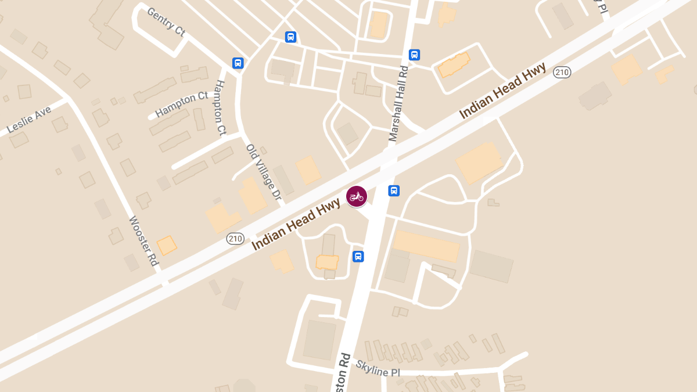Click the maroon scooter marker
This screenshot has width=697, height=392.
pos(356,196)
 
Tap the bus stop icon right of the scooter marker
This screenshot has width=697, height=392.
pos(394,190)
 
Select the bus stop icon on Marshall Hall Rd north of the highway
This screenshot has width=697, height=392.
pos(414,55)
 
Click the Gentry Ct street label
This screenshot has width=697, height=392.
pos(166,21)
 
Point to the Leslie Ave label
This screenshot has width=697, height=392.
pos(28,120)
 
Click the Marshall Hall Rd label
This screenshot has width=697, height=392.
pos(399,103)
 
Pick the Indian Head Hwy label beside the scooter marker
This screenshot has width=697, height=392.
pos(296,224)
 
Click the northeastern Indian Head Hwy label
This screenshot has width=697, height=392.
pos(503,91)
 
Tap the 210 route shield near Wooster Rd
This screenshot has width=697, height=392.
pos(235,239)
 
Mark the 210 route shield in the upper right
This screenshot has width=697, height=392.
pos(562,72)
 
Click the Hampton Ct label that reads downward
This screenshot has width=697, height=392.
pos(220,107)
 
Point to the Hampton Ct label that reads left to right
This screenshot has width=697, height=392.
pos(181,104)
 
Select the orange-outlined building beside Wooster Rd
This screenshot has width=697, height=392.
pos(167,245)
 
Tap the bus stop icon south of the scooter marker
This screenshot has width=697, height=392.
pos(358,256)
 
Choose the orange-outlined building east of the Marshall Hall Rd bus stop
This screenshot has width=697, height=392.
pos(454,65)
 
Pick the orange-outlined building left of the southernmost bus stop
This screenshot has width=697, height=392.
pos(327,262)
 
